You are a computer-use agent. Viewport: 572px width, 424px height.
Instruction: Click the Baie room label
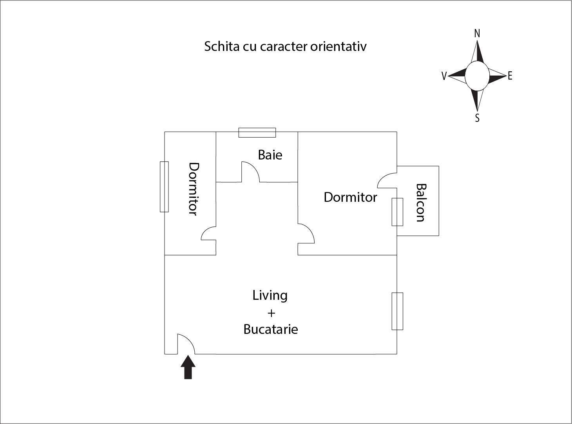pos(270,155)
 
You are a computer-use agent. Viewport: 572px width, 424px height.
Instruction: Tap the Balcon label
pos(421,203)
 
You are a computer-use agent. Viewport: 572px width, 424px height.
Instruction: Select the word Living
pos(270,295)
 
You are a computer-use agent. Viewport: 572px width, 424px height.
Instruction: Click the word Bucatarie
pos(271,330)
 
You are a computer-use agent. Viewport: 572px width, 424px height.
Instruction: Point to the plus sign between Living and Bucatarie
pos(271,313)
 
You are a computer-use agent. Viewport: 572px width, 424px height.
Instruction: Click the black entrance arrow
pos(188,367)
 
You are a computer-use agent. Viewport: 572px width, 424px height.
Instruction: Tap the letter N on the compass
pos(477,34)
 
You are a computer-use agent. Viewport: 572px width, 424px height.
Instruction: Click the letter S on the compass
pos(477,118)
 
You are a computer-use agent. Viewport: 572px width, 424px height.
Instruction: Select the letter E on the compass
pos(510,76)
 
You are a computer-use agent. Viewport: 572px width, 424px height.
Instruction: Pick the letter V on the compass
pos(444,76)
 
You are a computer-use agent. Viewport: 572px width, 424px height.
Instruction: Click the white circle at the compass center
pos(477,76)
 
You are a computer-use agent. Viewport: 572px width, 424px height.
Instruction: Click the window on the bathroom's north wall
pos(257,132)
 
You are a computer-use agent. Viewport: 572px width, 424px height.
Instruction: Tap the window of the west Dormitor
pos(164,187)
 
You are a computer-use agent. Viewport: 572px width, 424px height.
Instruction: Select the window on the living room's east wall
pos(397,311)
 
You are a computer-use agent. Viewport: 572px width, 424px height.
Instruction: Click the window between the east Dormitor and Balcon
pos(397,212)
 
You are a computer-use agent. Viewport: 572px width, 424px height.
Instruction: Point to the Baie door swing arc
pos(251,172)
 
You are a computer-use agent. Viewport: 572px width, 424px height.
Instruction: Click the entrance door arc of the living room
pos(186,344)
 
